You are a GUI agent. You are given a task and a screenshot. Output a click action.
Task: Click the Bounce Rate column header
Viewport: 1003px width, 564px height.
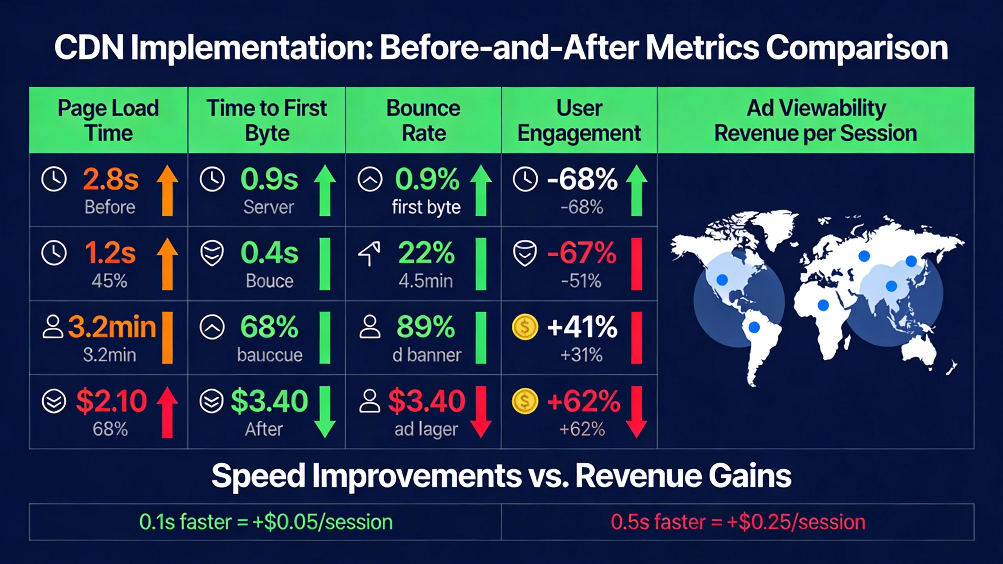[x=423, y=120]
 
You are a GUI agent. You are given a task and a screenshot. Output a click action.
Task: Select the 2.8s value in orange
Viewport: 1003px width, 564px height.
[x=110, y=179]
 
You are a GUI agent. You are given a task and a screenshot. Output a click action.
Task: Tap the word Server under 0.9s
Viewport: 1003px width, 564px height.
[x=268, y=207]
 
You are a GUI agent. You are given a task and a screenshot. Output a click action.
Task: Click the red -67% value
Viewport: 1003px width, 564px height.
[x=581, y=253]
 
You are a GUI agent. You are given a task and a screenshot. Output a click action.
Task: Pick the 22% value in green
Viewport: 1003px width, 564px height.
[x=426, y=253]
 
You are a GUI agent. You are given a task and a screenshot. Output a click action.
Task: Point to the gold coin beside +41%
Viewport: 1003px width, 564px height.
[x=525, y=327]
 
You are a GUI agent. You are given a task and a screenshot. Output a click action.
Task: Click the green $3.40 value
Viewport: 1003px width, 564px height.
[x=270, y=401]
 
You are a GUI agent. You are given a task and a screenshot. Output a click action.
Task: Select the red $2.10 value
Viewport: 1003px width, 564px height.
[x=111, y=401]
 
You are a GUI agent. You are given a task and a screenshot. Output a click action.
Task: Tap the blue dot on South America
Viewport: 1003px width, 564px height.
[x=753, y=327]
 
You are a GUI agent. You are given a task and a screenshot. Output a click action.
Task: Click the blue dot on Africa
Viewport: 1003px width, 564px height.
[x=823, y=305]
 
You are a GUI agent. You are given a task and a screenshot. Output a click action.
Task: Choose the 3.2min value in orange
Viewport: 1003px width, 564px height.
[x=112, y=327]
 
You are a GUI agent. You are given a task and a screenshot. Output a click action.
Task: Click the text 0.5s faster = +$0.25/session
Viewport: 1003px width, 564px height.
[x=738, y=522]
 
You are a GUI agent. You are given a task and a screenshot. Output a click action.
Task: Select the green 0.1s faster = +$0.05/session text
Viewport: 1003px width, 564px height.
[x=266, y=522]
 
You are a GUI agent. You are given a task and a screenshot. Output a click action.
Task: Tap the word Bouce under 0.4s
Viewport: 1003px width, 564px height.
[x=270, y=281]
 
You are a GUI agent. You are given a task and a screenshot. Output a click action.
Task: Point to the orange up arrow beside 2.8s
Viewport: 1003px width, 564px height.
[x=167, y=190]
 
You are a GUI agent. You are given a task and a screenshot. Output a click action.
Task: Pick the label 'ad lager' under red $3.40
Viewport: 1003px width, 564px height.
[x=426, y=429]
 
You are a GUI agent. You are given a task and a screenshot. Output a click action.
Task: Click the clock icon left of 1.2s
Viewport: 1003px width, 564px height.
[x=54, y=253]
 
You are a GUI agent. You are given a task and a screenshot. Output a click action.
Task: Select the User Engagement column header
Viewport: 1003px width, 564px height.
[x=579, y=120]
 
